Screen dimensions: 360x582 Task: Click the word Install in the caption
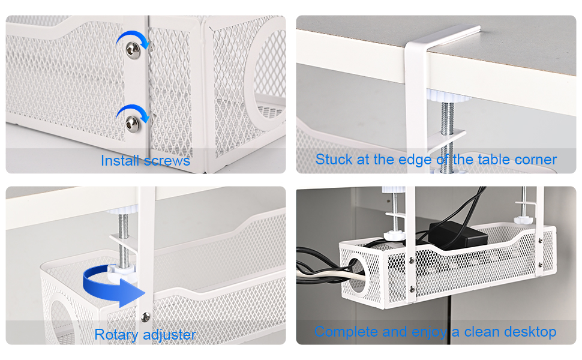coord(119,161)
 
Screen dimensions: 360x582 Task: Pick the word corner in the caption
coord(535,160)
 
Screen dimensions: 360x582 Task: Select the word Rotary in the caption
coord(117,334)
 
